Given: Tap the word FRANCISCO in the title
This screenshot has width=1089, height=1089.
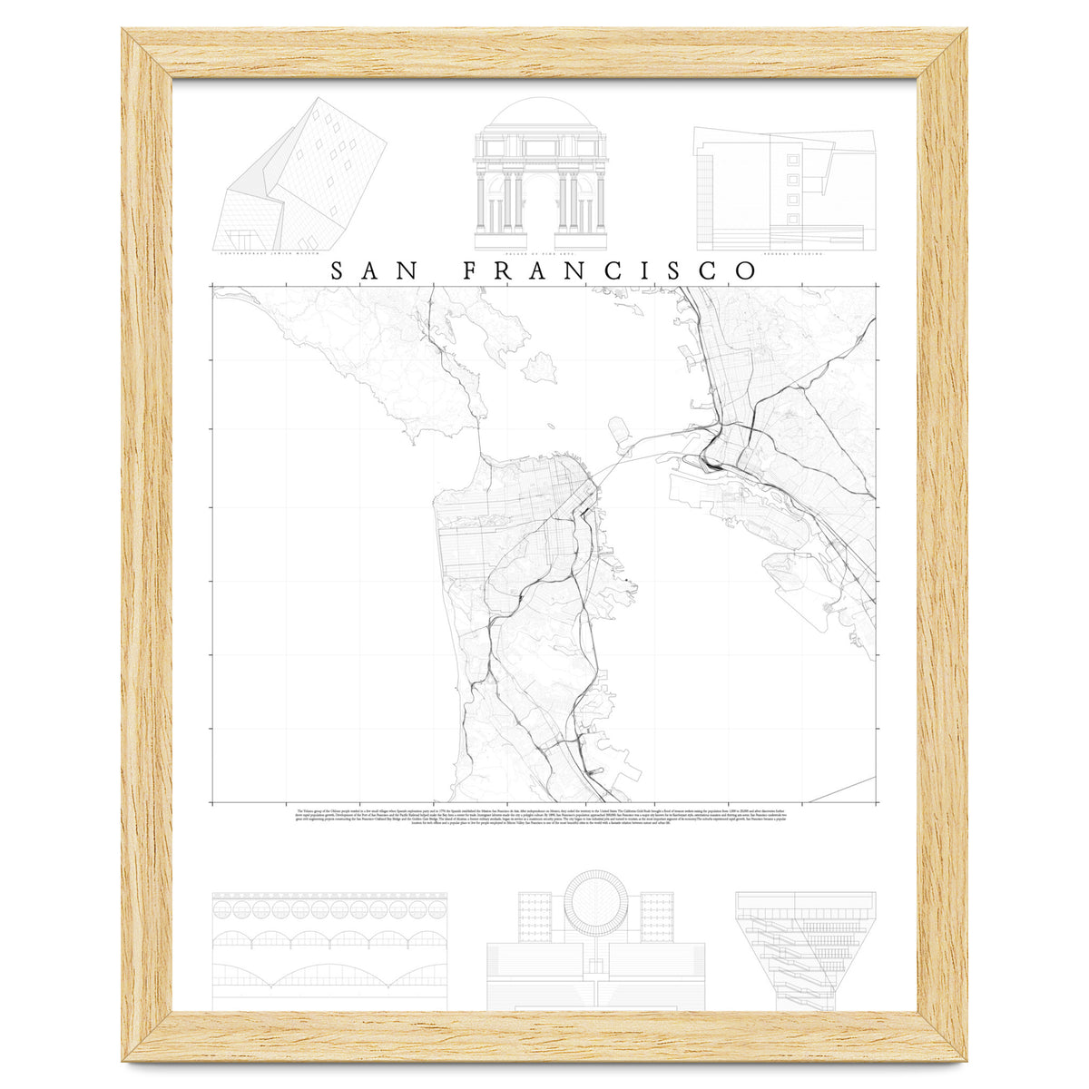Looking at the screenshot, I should pos(609,270).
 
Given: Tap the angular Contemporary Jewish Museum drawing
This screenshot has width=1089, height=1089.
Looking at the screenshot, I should pos(299,177).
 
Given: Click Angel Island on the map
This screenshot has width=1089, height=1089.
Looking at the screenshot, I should pos(539,366).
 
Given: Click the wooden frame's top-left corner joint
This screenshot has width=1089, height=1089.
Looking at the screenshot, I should pos(146,54).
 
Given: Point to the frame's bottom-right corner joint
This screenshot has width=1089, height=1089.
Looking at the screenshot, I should pos(942,1035).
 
